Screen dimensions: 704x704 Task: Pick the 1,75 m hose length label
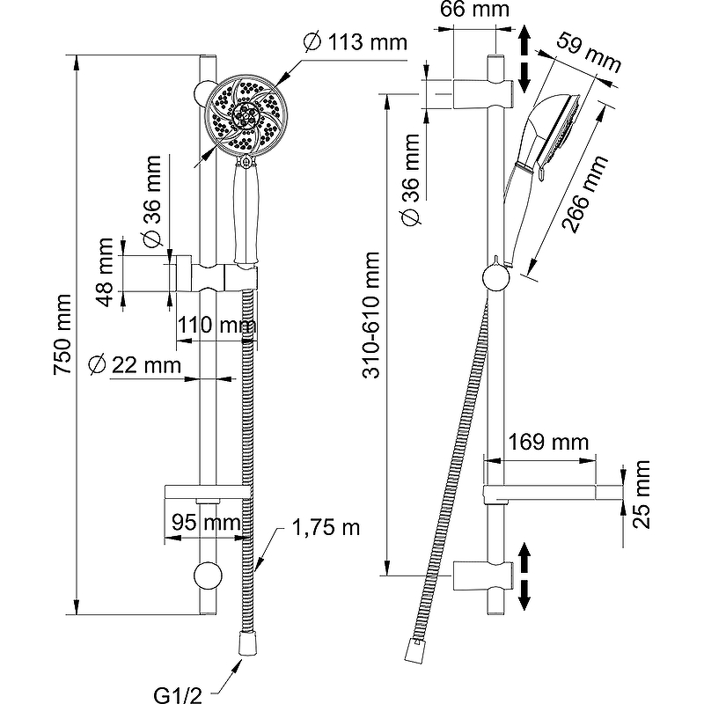point(326,528)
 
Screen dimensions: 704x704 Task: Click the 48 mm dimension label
point(106,272)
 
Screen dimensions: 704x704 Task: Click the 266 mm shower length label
point(585,194)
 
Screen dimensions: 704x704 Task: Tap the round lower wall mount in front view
point(208,576)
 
